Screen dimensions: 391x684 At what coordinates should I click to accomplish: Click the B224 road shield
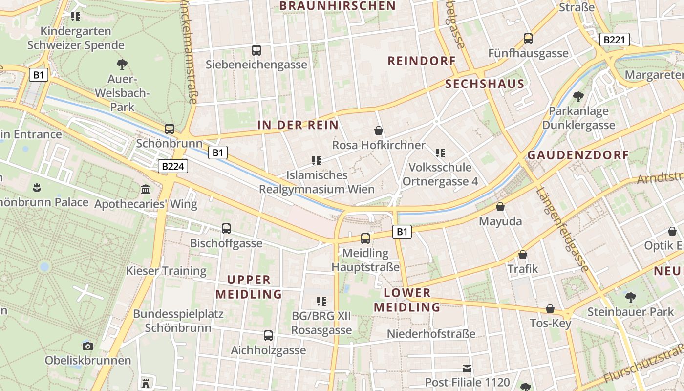[173, 167]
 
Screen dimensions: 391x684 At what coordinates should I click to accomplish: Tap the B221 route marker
[614, 40]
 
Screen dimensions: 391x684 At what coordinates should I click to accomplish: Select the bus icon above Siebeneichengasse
[256, 50]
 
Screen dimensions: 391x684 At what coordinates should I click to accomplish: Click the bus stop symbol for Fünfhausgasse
[528, 38]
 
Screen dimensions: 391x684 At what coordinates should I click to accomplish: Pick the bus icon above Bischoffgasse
[226, 228]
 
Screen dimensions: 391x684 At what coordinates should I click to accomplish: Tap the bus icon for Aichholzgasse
[268, 336]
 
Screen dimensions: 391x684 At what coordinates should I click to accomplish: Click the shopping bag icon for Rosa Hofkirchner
[378, 130]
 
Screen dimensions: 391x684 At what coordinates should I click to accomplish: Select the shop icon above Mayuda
[500, 207]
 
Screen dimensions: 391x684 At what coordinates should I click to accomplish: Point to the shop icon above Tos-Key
[550, 309]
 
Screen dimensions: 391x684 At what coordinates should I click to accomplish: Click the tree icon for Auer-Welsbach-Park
[122, 64]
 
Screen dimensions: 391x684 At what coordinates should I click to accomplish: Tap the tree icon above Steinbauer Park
[630, 297]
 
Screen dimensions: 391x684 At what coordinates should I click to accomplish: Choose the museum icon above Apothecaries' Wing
[146, 189]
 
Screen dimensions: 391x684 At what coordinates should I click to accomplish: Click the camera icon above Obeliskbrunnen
[88, 346]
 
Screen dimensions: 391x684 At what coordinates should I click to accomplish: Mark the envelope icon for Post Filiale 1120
[468, 368]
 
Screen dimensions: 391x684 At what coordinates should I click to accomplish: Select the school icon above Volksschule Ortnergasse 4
[440, 153]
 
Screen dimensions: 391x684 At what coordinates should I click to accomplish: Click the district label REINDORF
[421, 61]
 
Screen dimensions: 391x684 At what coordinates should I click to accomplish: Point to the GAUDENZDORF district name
[578, 155]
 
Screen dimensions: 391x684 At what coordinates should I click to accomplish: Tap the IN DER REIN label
[298, 125]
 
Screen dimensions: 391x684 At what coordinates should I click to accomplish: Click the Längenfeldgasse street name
[562, 228]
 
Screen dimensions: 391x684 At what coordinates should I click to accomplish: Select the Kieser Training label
[167, 270]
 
